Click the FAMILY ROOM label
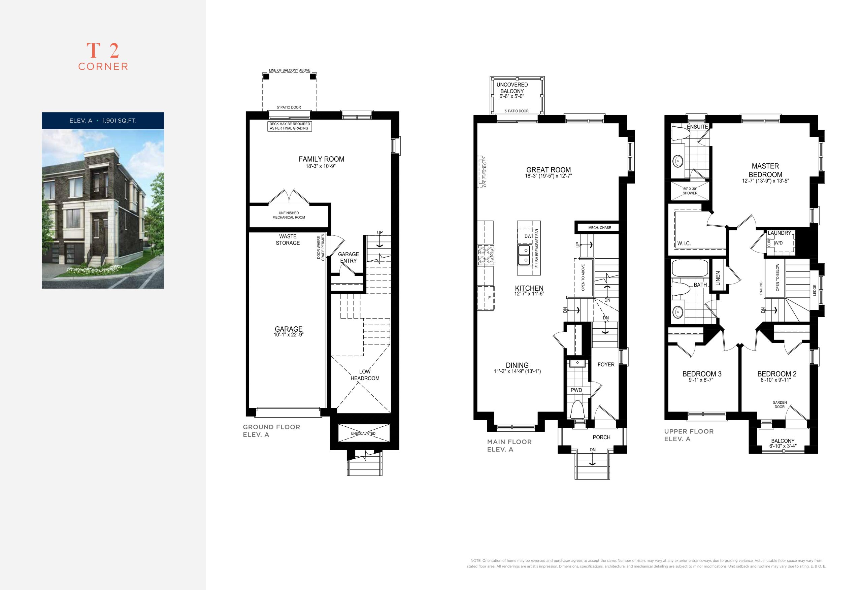[x=321, y=159]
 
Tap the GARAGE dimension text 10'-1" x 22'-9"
[x=289, y=335]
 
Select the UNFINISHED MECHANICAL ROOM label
[x=289, y=215]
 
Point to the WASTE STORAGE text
[x=288, y=239]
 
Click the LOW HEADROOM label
[x=365, y=375]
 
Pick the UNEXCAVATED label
[x=363, y=433]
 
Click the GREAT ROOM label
[x=549, y=170]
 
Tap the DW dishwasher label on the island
[x=528, y=236]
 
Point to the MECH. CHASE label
[x=599, y=227]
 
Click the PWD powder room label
[x=576, y=390]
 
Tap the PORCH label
[x=601, y=437]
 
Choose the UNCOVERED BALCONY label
[x=512, y=88]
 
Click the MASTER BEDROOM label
[x=765, y=170]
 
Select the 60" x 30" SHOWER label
[x=690, y=191]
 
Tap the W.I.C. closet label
[x=684, y=243]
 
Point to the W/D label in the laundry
[x=778, y=243]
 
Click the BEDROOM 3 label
[x=702, y=374]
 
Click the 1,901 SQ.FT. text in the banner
[x=120, y=121]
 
